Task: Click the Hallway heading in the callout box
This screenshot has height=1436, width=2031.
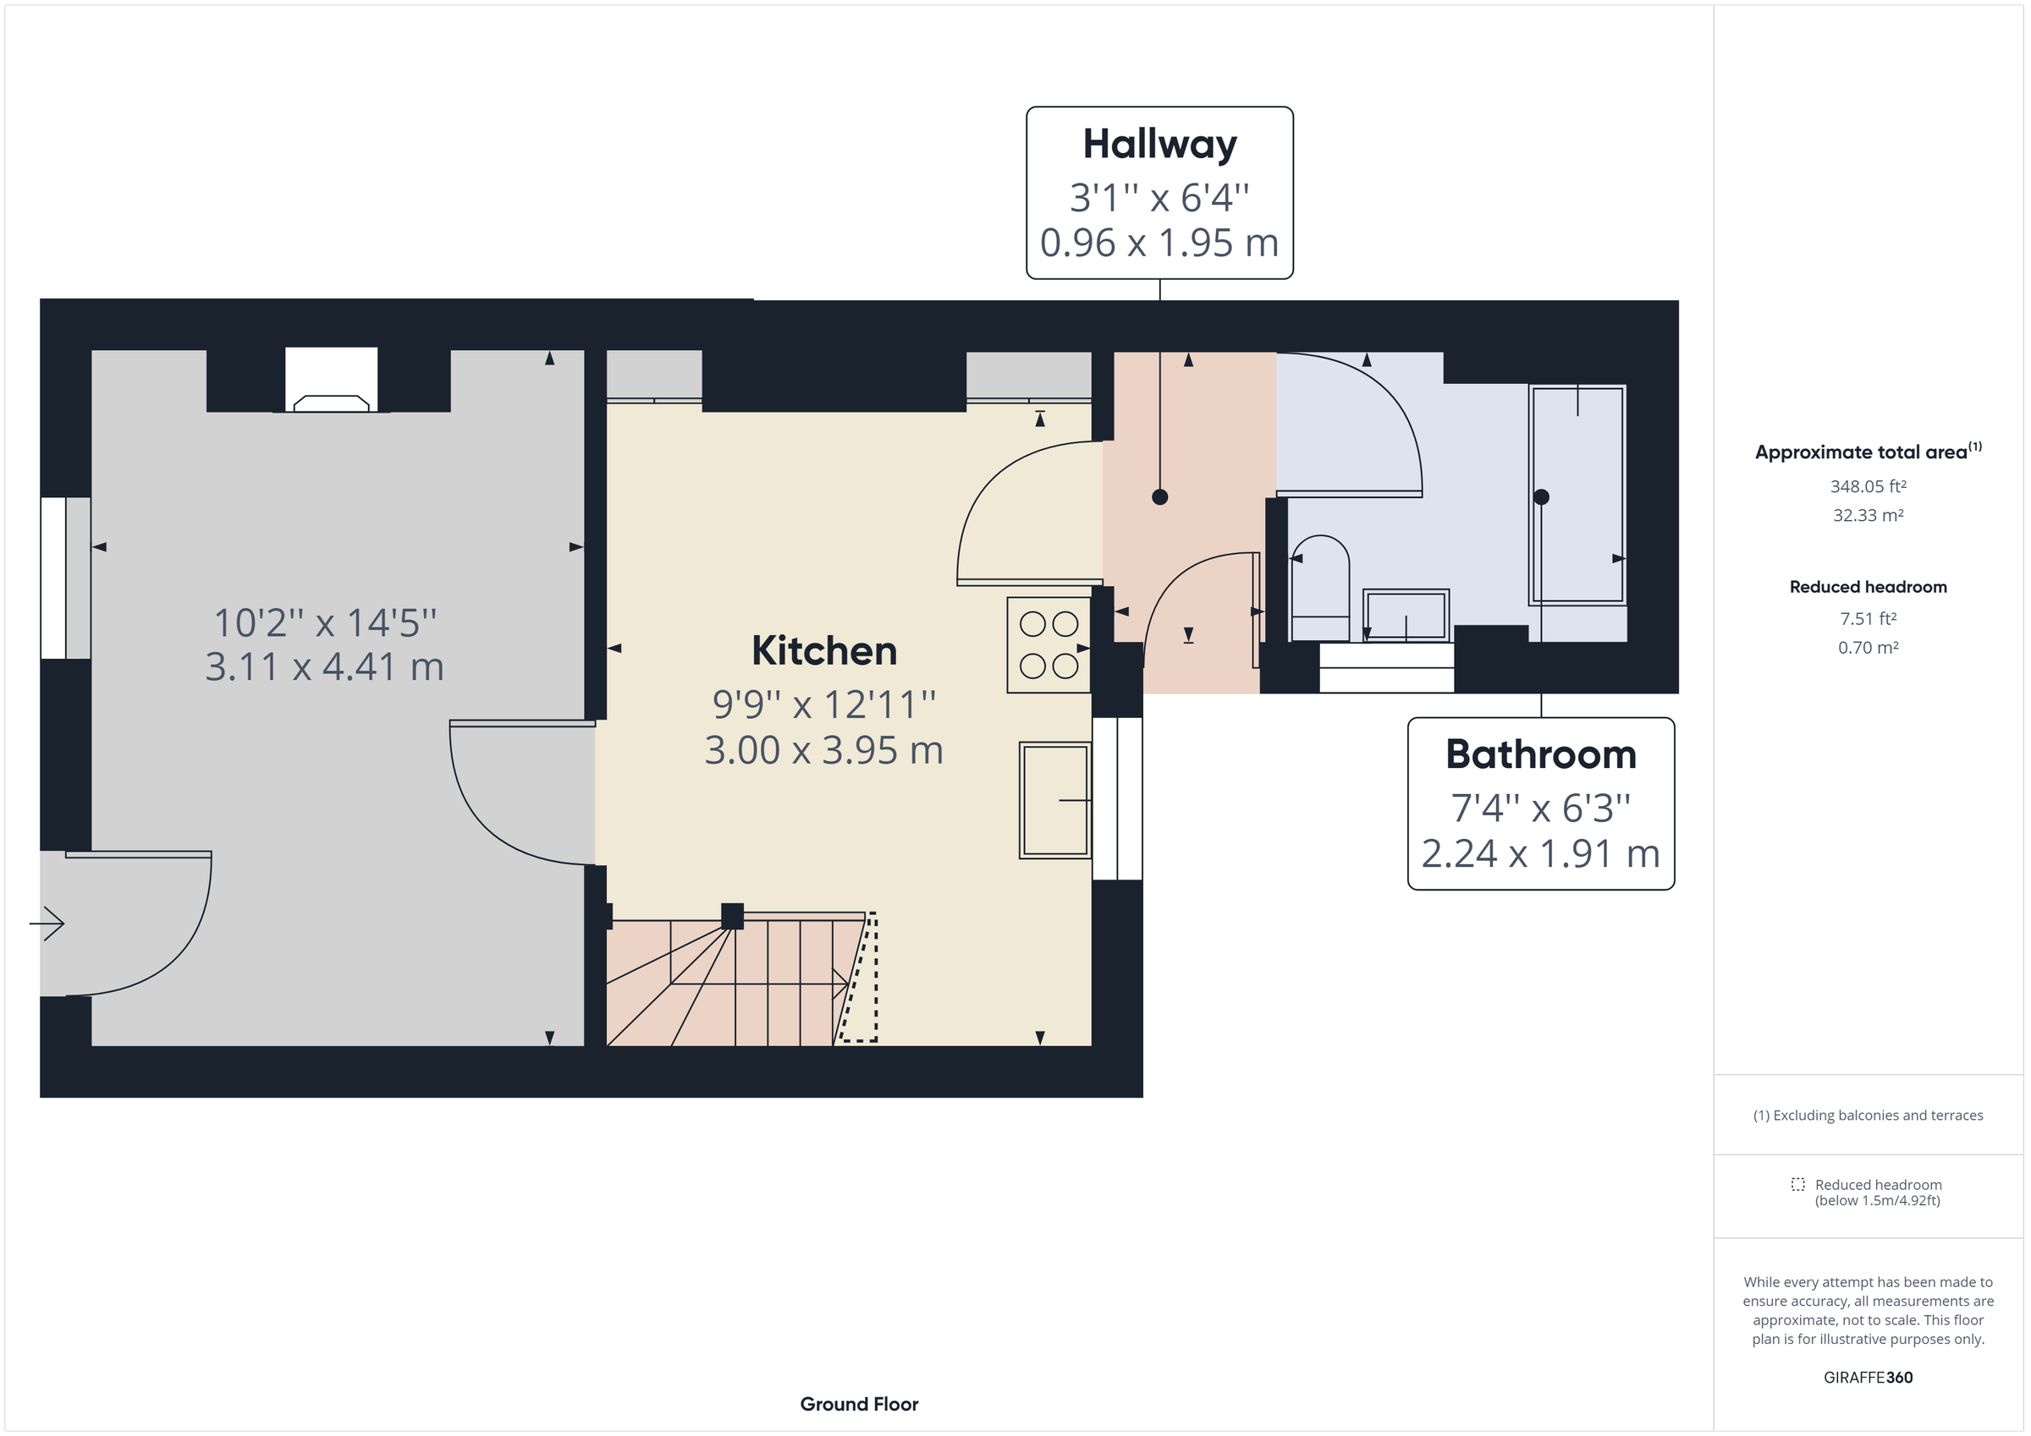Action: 1159,144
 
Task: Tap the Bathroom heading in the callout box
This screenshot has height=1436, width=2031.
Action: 1540,754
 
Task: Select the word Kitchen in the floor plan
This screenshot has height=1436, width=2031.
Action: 823,651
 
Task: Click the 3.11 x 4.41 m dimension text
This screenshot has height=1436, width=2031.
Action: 324,666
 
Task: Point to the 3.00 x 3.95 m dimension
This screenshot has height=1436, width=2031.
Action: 823,750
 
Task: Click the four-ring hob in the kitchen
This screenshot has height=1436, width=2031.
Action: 1049,645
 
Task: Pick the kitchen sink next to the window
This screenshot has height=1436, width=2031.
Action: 1054,800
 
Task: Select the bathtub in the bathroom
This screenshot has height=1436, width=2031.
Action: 1577,496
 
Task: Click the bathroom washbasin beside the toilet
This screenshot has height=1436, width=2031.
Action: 1405,615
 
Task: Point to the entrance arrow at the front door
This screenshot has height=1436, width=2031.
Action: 47,924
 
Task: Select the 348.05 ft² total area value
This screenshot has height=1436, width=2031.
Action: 1868,486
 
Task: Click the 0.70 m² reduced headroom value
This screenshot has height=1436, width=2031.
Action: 1868,647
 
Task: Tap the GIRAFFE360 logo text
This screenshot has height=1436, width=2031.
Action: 1868,1377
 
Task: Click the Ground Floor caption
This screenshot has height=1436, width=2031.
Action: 858,1403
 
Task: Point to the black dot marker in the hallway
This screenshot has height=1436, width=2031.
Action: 1159,497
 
